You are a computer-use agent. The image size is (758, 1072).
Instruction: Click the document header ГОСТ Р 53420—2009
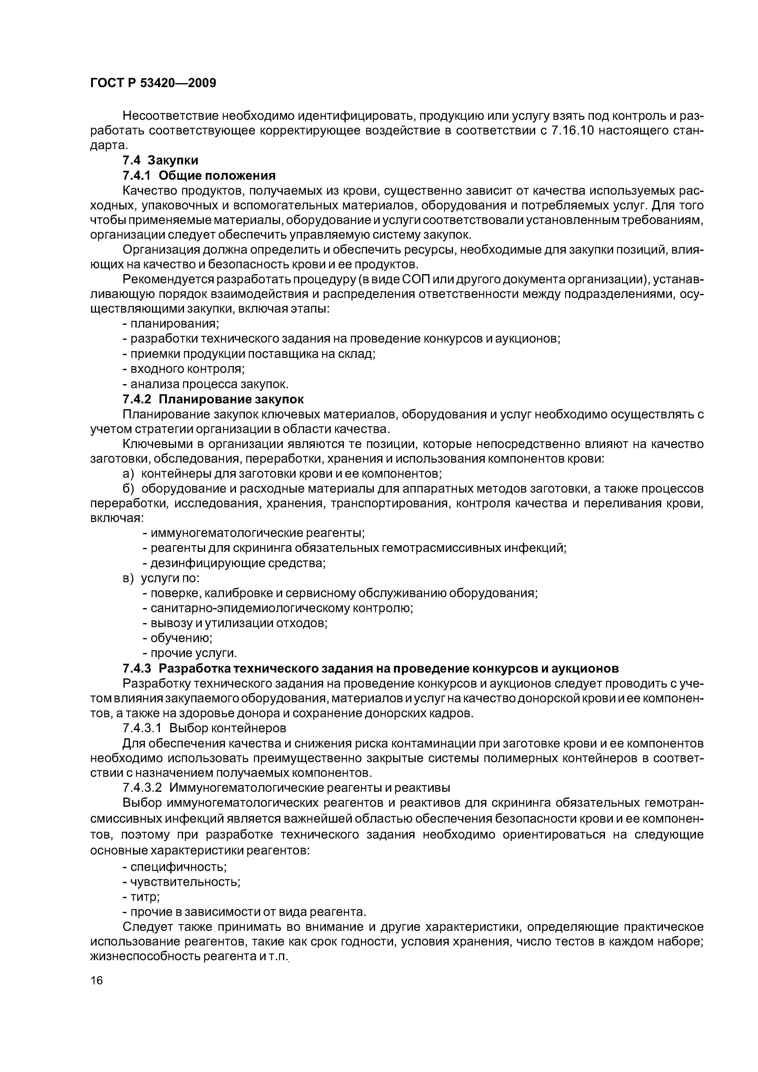click(x=153, y=83)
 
